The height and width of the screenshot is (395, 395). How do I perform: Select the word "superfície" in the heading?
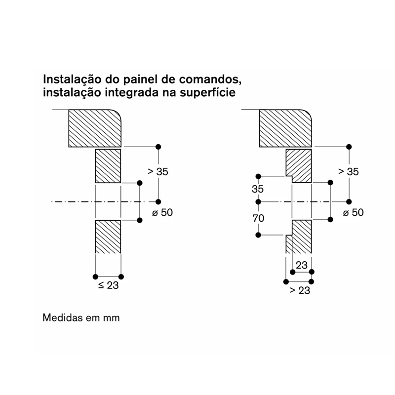click(207, 93)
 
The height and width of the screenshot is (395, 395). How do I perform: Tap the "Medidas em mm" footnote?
click(81, 317)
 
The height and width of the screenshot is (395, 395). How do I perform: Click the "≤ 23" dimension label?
click(108, 285)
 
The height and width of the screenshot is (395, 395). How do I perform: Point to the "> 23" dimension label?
click(300, 290)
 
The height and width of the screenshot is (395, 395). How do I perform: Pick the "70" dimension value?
click(258, 218)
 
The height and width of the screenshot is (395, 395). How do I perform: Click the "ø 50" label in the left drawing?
click(162, 213)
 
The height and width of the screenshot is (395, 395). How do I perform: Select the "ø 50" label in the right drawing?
click(353, 213)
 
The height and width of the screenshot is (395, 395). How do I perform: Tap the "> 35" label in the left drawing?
click(158, 171)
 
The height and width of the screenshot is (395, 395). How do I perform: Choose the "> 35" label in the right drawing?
click(349, 171)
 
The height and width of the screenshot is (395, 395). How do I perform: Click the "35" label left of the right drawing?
click(257, 189)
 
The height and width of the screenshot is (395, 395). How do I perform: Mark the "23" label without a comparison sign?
click(302, 265)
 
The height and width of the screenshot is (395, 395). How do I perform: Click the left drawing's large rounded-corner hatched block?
click(95, 128)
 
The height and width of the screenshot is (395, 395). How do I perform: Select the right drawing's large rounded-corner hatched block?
click(285, 128)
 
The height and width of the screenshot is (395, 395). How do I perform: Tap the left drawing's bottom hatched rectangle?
click(108, 237)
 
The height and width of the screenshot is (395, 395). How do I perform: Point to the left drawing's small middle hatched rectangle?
click(108, 166)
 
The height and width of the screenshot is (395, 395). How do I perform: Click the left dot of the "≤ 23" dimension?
click(95, 276)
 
